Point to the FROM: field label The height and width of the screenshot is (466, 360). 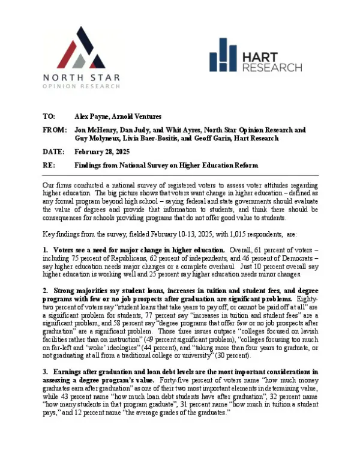pyautogui.click(x=55, y=130)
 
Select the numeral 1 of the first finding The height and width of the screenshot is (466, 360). pyautogui.click(x=45, y=249)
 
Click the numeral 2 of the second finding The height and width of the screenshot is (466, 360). pyautogui.click(x=45, y=290)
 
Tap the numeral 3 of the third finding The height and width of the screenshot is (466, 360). pyautogui.click(x=45, y=373)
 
